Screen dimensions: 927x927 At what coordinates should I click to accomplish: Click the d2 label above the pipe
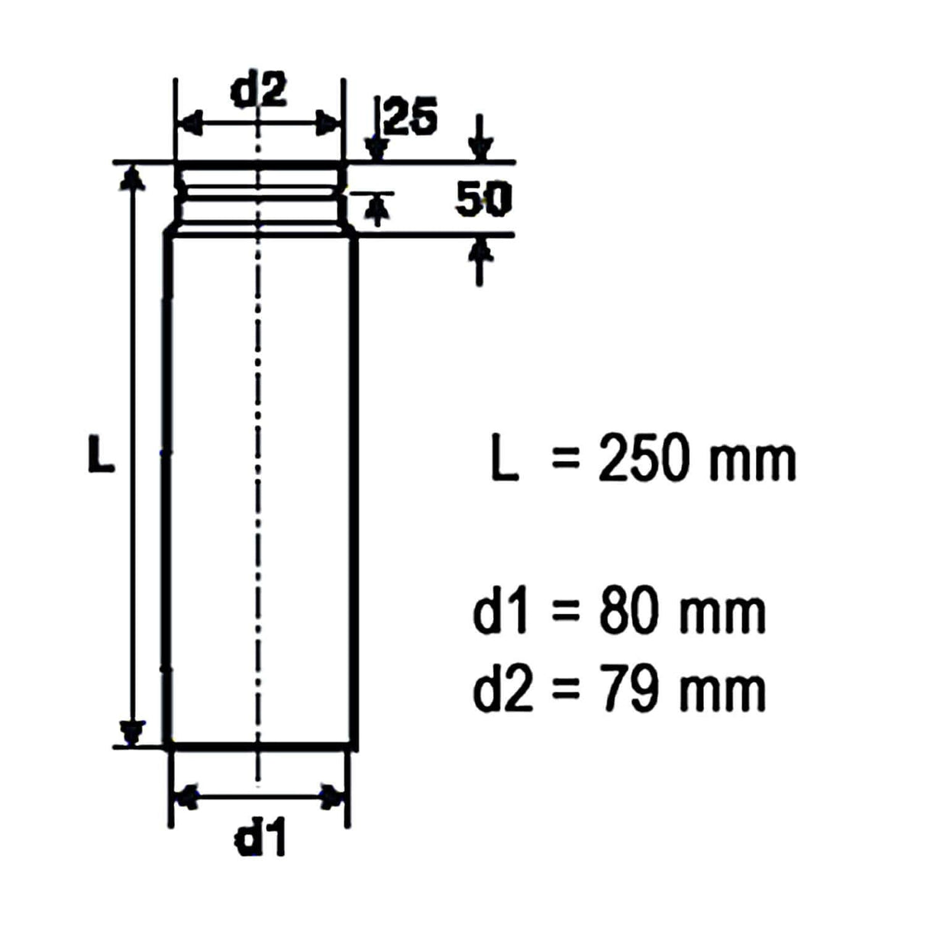(x=260, y=91)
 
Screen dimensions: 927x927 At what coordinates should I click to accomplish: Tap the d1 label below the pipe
(x=260, y=840)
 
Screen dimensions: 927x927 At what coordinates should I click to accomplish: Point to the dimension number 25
(x=411, y=118)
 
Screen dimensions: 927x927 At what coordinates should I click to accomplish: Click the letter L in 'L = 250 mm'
(x=504, y=460)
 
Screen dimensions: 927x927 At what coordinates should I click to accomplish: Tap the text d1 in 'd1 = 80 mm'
(x=500, y=612)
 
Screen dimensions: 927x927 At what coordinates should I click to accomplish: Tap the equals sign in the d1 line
(x=565, y=612)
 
